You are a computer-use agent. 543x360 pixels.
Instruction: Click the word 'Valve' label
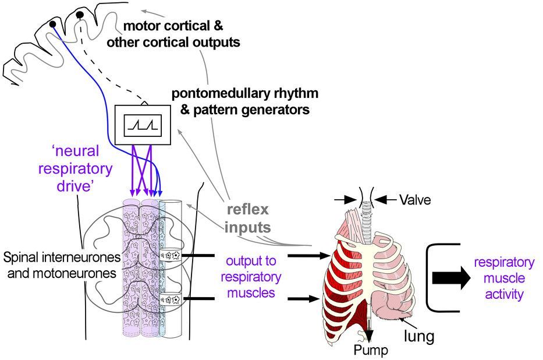point(415,200)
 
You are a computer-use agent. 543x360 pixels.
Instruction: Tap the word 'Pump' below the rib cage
point(371,350)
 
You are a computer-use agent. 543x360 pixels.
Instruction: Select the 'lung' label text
point(419,336)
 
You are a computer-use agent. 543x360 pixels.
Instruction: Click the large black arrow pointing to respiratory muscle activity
point(452,278)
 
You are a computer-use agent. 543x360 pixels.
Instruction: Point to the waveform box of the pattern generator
point(143,125)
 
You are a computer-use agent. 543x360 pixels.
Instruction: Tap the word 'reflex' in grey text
point(247,210)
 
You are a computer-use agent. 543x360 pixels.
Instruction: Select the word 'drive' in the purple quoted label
point(73,186)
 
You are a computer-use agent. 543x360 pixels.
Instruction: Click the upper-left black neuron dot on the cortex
point(52,24)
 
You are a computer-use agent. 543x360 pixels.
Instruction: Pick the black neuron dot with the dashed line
point(80,15)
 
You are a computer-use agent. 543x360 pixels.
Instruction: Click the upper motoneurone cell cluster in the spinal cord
point(171,256)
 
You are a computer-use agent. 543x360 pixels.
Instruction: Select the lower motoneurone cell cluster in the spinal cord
point(171,299)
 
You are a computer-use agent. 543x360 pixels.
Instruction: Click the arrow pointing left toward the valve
point(385,199)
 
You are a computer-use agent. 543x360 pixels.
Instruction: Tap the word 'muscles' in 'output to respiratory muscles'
point(251,293)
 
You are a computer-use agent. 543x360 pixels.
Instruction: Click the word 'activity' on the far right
point(504,295)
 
